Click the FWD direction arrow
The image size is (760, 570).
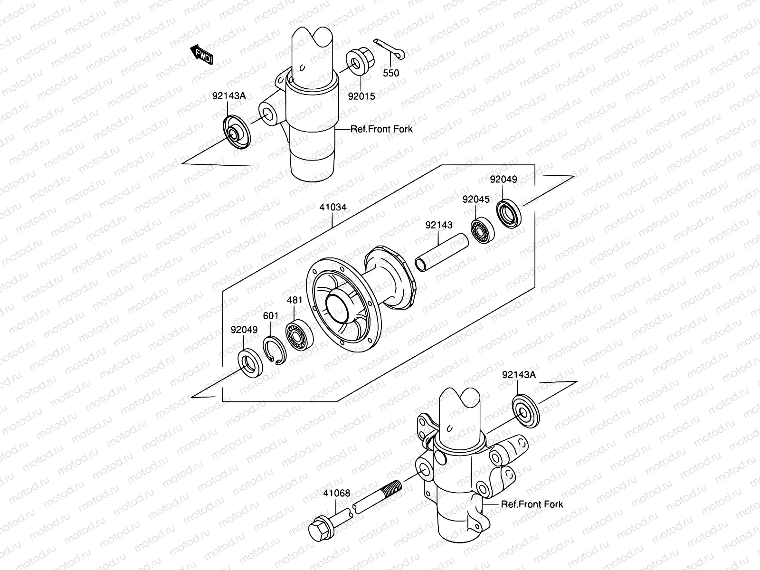click(x=202, y=54)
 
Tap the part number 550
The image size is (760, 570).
click(x=391, y=73)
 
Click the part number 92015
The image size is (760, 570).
click(x=361, y=96)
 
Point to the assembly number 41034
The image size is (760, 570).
click(x=332, y=208)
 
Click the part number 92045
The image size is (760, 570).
click(x=476, y=199)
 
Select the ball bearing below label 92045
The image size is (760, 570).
click(x=483, y=230)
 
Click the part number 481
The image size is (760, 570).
click(x=294, y=300)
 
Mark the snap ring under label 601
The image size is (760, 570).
click(x=274, y=351)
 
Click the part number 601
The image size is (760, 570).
click(x=271, y=316)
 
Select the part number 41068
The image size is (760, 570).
click(x=337, y=493)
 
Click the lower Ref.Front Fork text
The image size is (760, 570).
click(x=532, y=504)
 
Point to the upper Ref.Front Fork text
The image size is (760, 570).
click(x=381, y=129)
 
